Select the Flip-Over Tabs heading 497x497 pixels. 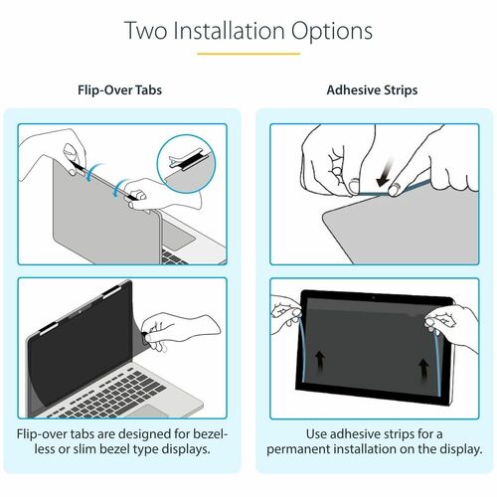click(x=119, y=89)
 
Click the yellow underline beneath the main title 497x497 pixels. click(x=248, y=54)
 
